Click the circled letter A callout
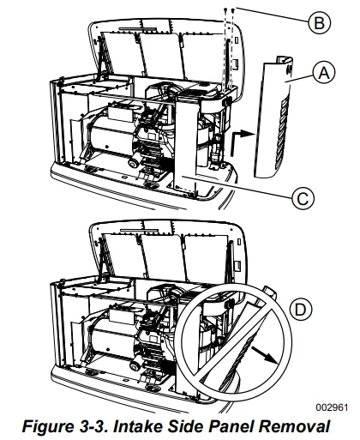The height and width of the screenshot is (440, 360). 324,73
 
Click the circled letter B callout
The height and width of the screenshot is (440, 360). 319,22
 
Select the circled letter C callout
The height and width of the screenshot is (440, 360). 303,198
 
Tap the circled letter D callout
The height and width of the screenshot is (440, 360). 300,310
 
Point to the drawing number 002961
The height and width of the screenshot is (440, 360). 332,407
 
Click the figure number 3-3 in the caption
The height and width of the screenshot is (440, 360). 93,426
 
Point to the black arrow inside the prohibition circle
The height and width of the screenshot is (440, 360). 264,355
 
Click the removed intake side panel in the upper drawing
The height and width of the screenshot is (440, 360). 273,118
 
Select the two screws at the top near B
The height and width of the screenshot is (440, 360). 230,11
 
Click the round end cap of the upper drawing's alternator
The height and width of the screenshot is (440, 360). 134,164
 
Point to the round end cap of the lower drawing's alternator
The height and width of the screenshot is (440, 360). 134,366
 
